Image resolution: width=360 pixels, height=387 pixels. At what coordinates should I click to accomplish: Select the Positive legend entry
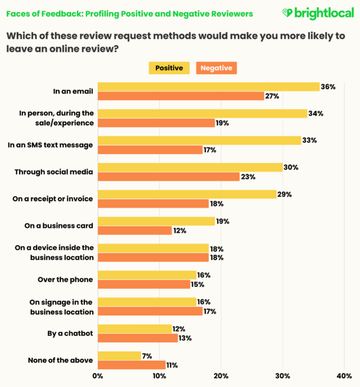point(169,68)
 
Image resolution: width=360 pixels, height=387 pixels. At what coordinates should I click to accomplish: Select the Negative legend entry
point(216,68)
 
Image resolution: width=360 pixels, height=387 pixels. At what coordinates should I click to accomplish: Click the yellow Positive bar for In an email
point(208,87)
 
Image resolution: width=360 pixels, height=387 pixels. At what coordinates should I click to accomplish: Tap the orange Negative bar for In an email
point(181,96)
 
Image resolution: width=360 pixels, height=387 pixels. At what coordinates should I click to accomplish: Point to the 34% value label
point(316,114)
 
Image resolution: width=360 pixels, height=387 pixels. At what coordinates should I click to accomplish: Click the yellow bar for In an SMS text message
point(199,141)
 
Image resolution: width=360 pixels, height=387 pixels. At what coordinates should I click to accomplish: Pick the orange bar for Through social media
point(168,177)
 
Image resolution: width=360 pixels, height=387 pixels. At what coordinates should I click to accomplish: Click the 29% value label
point(285,195)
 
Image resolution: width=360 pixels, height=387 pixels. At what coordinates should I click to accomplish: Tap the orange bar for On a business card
point(134,231)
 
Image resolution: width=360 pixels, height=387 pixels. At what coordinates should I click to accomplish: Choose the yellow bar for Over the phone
point(147,276)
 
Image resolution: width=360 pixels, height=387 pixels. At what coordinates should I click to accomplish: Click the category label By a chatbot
point(70,334)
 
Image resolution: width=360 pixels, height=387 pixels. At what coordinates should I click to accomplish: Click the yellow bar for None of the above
point(119,356)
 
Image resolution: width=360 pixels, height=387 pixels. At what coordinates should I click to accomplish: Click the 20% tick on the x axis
point(221,376)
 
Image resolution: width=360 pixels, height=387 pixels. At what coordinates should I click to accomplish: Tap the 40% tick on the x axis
point(344,376)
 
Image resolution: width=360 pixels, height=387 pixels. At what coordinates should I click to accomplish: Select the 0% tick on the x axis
point(98,376)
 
